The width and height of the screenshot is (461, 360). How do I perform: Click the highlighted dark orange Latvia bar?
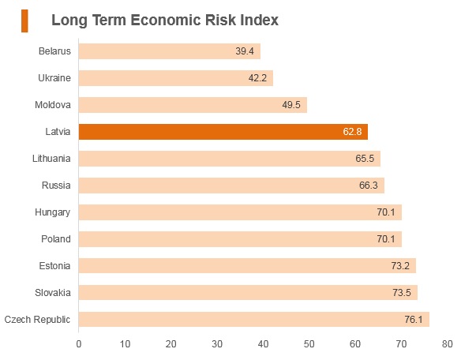[223, 132]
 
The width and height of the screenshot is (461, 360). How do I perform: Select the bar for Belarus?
[170, 51]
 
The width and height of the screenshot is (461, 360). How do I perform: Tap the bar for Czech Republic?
[254, 320]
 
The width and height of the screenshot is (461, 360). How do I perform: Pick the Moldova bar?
[193, 105]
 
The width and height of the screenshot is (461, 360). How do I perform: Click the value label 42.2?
[257, 78]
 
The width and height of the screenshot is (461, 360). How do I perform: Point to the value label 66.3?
[369, 186]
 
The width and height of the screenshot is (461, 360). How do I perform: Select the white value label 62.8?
[352, 132]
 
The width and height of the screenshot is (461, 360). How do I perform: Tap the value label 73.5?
[402, 293]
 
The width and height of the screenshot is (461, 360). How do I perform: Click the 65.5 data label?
[365, 159]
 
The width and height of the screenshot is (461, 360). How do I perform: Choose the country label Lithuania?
[51, 159]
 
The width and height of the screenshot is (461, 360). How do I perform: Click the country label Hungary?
[53, 212]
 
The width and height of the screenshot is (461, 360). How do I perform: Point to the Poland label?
[56, 239]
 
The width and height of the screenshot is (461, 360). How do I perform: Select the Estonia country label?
[54, 266]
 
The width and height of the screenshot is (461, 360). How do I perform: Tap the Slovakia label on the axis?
[53, 293]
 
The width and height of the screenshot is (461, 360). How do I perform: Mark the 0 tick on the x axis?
[79, 344]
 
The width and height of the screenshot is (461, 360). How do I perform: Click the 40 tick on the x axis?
[263, 344]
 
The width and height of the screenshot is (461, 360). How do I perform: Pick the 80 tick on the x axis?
[448, 344]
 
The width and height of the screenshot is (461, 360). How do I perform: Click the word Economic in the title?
[166, 21]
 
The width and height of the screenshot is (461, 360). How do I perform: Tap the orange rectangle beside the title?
[24, 21]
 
